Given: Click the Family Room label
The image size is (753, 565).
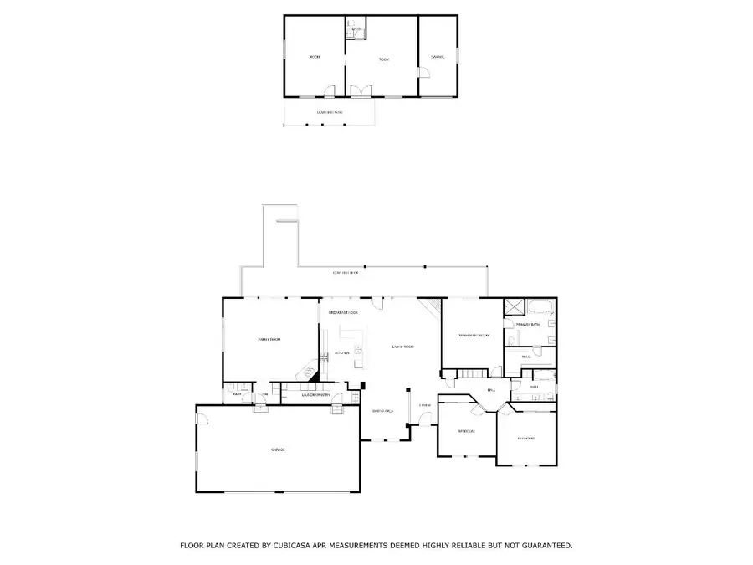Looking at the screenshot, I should click(269, 339).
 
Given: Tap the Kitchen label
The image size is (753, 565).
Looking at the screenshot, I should click(341, 353).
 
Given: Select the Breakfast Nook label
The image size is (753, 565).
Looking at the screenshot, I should click(343, 312).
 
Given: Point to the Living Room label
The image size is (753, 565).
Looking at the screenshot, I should click(404, 346).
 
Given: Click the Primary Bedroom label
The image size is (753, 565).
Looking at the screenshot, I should click(473, 336).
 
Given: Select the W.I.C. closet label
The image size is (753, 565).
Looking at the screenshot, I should click(526, 357).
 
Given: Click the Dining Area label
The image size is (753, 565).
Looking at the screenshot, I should click(383, 411).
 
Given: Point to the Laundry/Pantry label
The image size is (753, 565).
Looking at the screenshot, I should click(315, 394).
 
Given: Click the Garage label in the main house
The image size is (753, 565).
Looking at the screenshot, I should click(279, 450).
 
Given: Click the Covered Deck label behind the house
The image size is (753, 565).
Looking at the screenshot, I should click(346, 273).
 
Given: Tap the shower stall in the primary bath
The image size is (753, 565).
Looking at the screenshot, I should click(513, 307).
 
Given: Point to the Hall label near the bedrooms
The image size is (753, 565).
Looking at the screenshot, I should click(491, 390).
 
